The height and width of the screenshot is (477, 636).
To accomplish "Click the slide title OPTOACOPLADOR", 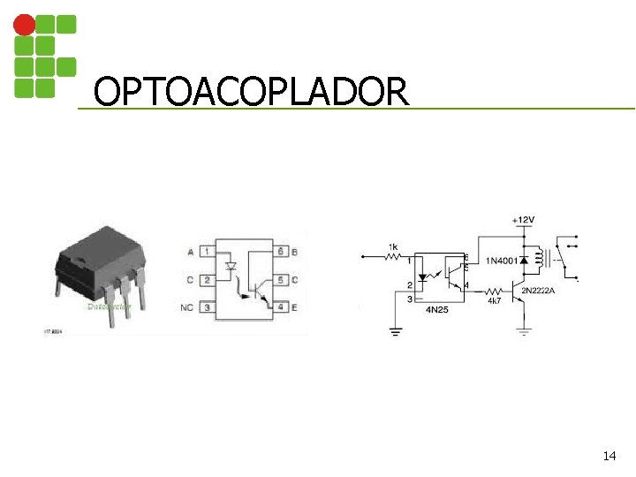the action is coord(251,91).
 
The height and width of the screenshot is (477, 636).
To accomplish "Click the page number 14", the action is coord(609,456).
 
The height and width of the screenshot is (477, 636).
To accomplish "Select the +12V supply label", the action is coord(523,219).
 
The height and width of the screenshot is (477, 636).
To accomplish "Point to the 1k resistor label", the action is coord(393,246).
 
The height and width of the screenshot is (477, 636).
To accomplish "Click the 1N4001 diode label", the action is coord(500,261).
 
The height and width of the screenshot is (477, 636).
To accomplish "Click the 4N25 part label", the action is coord(437,310).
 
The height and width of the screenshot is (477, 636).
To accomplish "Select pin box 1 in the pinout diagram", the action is coord(207,253).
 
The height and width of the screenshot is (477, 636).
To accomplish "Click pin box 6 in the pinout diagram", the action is coord(281,253).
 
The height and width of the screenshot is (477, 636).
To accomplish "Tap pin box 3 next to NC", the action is coord(207,307).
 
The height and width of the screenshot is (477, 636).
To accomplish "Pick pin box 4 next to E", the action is coord(281,307).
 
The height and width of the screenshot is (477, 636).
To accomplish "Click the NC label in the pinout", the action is coord(186,307).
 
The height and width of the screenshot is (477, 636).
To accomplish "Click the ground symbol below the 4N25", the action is coord(395,331).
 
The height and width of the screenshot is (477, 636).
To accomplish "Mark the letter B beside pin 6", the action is coord(294,253).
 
